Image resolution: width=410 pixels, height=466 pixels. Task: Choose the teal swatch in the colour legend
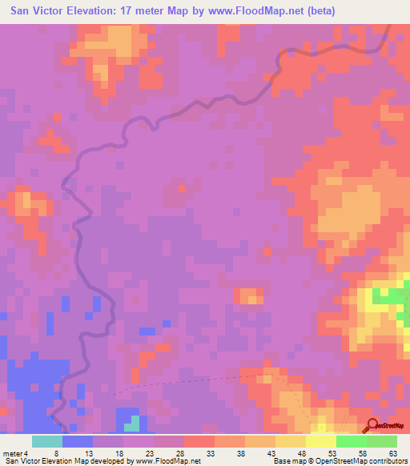tap(47, 441)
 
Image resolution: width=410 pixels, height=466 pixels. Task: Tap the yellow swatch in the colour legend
tap(321, 441)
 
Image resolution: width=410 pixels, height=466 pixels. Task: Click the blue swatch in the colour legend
tap(78, 441)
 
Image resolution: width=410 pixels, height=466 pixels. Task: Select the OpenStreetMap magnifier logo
tap(373, 425)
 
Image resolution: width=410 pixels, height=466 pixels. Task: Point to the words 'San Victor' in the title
tap(36, 11)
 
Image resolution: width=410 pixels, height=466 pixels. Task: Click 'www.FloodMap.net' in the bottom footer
tap(167, 461)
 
